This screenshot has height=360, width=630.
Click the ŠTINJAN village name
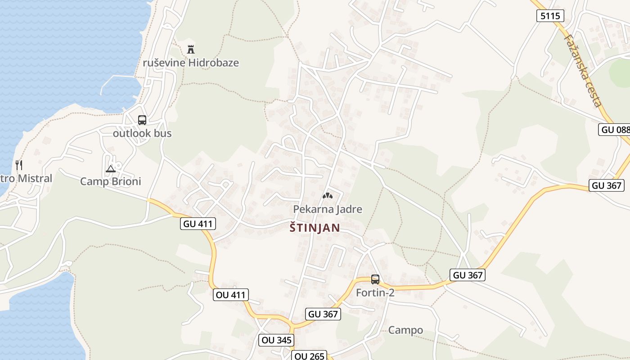coord(315,228)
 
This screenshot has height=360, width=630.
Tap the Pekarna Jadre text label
coord(328,209)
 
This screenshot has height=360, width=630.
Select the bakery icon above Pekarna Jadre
coord(327,196)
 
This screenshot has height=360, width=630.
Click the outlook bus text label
coord(142,133)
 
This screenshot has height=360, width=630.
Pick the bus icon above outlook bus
coord(142,120)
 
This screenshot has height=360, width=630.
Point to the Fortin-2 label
coord(375,292)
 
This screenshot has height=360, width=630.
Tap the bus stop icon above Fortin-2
coord(375,279)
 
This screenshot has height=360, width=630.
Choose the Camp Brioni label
coord(110,181)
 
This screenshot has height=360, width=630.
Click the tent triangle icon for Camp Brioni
coord(111,169)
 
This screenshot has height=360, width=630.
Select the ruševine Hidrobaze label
coord(191,63)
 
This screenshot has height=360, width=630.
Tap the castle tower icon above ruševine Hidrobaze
coord(191,49)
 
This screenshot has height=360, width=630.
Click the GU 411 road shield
coord(198,224)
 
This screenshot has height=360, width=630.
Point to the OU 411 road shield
coord(231,295)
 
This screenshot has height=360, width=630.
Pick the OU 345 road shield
coord(276,340)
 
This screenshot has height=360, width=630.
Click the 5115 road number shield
coord(550,16)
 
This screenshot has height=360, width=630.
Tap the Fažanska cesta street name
coord(584,71)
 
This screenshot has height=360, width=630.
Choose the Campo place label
coord(405,330)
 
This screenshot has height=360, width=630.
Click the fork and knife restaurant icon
coord(18,165)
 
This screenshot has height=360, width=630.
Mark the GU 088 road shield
coord(615,130)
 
